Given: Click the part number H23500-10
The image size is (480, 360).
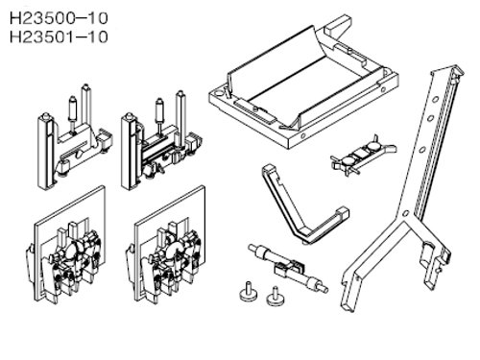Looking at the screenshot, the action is click(x=59, y=18).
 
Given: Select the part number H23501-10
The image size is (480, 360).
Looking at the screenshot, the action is click(x=59, y=36).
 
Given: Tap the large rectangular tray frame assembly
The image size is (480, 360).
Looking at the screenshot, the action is click(x=302, y=84).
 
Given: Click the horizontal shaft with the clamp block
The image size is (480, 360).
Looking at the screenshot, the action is click(x=288, y=268).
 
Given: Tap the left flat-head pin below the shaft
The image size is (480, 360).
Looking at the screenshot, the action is click(x=249, y=292).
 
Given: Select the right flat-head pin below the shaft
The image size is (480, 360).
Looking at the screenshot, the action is click(x=276, y=296).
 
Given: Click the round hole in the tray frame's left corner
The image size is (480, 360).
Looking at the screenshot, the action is click(x=219, y=94).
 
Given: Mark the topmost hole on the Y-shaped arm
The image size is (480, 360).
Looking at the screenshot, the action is click(x=435, y=100).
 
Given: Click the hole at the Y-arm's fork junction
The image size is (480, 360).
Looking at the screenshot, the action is click(x=405, y=213).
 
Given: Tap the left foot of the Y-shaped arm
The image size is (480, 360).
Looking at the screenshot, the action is click(x=348, y=300).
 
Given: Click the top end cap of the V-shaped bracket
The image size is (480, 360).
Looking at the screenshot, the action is click(x=268, y=169).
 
